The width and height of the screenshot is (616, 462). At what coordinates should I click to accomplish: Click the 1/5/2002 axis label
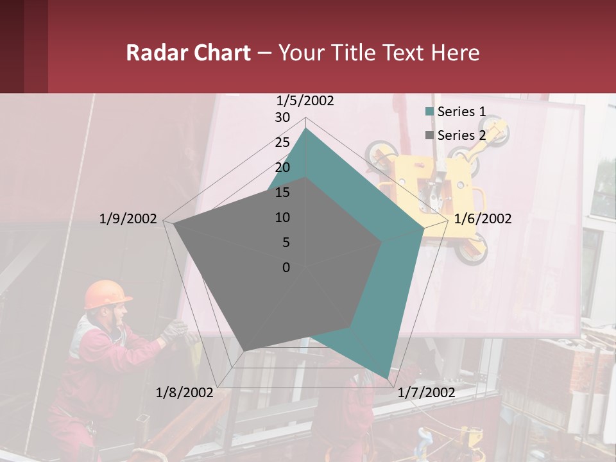305,101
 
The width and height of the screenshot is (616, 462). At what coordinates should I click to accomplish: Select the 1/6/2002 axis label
483,219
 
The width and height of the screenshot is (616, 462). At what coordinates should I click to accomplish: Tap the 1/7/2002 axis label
426,393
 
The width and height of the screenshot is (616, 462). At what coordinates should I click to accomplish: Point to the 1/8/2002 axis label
184,393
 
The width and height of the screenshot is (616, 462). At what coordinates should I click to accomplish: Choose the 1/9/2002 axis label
128,219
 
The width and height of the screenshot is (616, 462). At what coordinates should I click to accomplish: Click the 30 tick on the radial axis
282,117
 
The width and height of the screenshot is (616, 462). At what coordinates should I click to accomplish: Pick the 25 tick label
282,142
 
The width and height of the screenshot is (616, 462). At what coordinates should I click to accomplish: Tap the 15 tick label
282,193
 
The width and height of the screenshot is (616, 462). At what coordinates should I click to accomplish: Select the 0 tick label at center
286,268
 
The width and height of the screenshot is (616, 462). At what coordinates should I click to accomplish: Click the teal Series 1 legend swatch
430,112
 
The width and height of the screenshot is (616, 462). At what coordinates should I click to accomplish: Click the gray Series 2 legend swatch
430,135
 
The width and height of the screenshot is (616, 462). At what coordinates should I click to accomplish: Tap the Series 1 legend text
461,112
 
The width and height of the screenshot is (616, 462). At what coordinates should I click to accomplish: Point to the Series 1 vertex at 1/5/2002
306,129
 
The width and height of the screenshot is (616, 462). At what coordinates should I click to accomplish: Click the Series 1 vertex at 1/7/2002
386,377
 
